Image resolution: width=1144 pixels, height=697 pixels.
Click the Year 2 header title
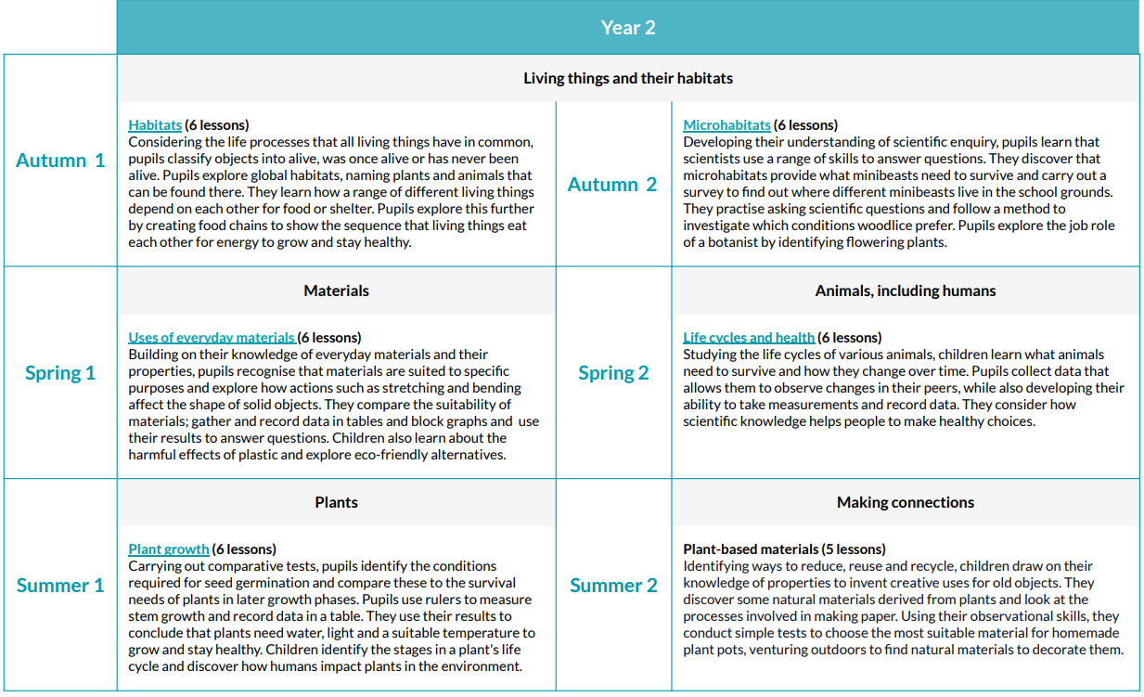click(628, 28)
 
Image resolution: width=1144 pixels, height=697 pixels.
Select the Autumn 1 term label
click(60, 161)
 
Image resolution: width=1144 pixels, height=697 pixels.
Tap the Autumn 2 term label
click(612, 185)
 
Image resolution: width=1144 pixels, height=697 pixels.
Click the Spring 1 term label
click(60, 373)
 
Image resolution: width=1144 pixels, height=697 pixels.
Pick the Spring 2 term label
click(613, 373)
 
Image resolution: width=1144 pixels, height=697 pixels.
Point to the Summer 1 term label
click(60, 586)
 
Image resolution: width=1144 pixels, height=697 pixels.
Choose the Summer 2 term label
click(613, 586)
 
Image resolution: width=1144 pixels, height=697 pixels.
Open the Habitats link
click(155, 125)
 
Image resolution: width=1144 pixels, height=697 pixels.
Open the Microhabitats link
click(726, 125)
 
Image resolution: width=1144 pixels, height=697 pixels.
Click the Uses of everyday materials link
click(212, 338)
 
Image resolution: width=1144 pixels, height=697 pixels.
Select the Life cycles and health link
click(749, 338)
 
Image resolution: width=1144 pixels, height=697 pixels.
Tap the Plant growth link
click(169, 549)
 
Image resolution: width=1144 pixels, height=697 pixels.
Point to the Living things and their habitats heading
click(628, 78)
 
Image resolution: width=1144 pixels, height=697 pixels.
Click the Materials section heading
click(336, 290)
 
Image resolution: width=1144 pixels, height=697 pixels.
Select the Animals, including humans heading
click(906, 290)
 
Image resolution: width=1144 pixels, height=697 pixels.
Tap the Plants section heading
click(336, 502)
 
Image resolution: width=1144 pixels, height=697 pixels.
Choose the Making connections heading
click(906, 502)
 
